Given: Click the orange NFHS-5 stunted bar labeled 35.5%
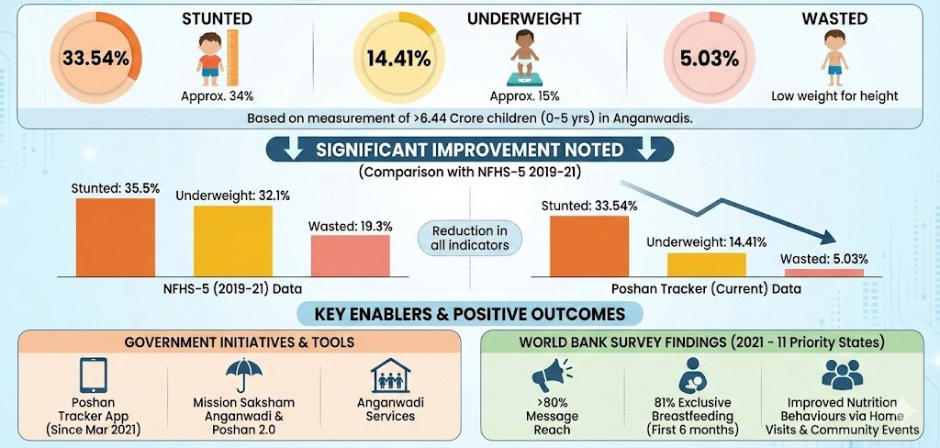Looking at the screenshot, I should tap(115, 236).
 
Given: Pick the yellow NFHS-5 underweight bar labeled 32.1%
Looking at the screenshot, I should tap(233, 240).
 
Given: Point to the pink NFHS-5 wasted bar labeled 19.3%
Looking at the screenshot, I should tap(350, 254).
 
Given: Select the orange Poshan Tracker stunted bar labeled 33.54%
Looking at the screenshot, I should tap(589, 245).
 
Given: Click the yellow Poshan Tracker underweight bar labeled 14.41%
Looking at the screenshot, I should tap(706, 264).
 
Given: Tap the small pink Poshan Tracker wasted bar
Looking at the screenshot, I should tap(824, 273).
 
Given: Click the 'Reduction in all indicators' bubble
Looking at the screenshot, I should tap(470, 237).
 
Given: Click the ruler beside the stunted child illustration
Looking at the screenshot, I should tap(231, 55).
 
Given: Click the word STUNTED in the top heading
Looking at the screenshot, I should tap(217, 17).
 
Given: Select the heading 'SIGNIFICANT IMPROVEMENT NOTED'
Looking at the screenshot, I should tap(469, 150).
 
